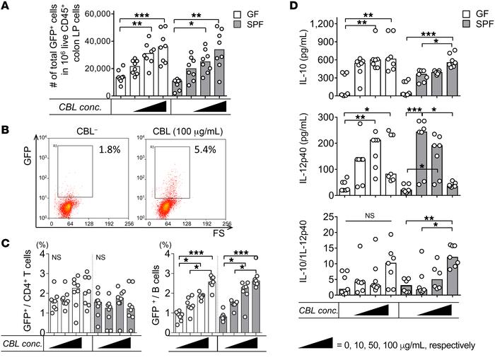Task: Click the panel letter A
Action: point(6,6)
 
